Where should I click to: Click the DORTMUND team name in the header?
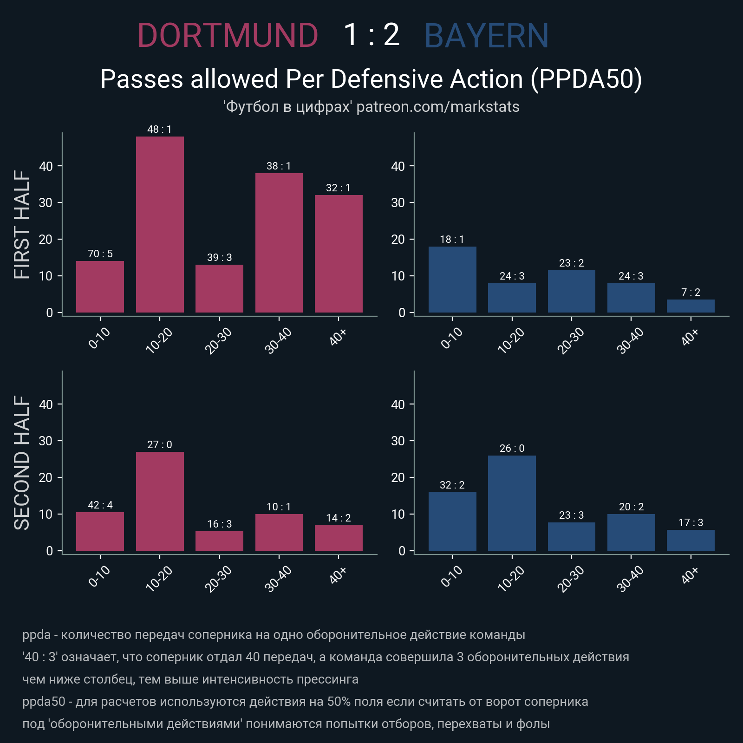click(228, 36)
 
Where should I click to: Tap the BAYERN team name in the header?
click(486, 36)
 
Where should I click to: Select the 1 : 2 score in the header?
click(371, 35)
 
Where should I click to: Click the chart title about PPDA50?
click(371, 79)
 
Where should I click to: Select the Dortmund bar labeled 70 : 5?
click(100, 287)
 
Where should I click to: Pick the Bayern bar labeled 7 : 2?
click(691, 306)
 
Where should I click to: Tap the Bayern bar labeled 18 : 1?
click(452, 280)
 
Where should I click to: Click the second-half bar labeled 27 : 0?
click(160, 501)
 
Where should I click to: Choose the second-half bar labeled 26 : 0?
click(512, 503)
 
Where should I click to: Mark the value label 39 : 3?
click(219, 257)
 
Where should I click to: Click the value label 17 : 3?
click(691, 522)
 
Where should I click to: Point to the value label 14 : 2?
click(339, 518)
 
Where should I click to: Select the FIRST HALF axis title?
click(22, 224)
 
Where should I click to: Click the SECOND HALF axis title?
click(22, 463)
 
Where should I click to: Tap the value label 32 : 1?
click(339, 188)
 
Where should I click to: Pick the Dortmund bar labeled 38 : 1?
click(279, 243)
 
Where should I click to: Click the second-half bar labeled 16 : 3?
click(219, 541)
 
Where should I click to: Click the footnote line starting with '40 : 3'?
click(326, 657)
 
